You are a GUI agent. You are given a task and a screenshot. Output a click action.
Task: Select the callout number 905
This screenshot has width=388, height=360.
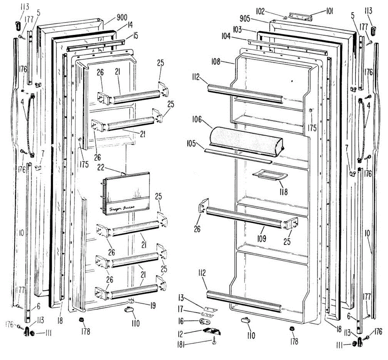(x=245, y=18)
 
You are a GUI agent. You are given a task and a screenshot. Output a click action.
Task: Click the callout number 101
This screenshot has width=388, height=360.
(x=329, y=12)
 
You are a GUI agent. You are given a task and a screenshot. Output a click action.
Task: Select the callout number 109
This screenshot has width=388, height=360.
(x=262, y=238)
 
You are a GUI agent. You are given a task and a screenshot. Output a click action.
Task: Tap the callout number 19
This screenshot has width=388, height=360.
(x=152, y=305)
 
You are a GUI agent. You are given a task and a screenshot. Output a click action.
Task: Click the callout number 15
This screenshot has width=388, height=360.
(x=135, y=35)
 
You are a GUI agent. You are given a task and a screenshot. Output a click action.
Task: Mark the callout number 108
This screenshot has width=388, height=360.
(x=216, y=61)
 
